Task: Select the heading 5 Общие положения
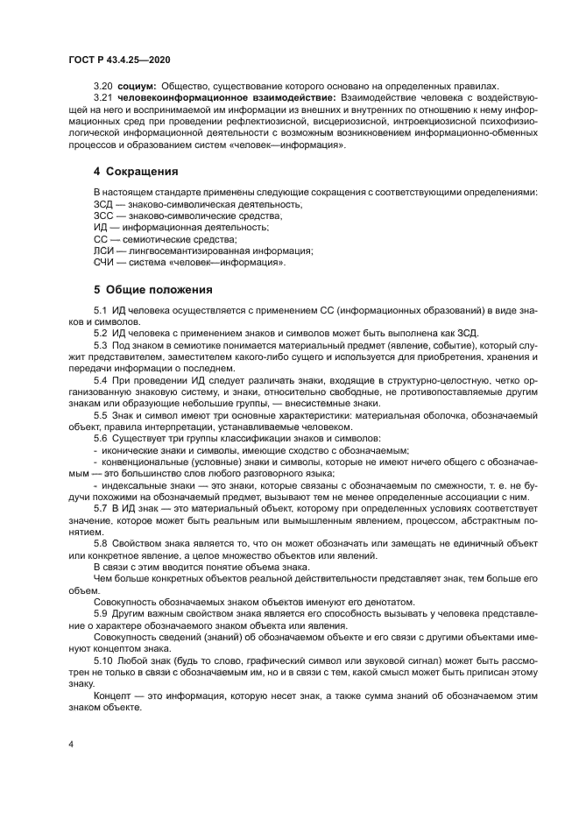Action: [153, 289]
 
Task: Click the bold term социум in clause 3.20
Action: [134, 86]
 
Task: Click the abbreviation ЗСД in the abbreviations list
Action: [103, 203]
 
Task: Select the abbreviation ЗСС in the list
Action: [103, 215]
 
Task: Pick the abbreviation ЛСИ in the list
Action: [103, 250]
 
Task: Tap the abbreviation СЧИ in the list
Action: [103, 261]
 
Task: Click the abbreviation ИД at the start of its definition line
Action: [100, 226]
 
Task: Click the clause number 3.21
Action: [103, 98]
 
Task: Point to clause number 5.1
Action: [101, 311]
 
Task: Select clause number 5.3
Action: [101, 346]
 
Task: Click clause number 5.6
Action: [101, 437]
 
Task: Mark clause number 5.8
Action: [101, 543]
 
